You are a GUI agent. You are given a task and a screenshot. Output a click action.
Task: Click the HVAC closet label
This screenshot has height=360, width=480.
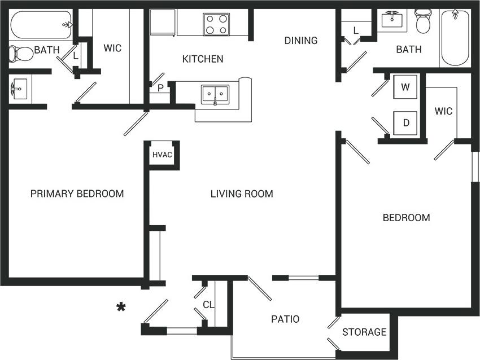[162, 155]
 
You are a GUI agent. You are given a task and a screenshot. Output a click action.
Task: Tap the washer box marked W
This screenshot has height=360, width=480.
[405, 87]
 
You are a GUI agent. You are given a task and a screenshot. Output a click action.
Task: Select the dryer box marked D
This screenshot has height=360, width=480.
[405, 122]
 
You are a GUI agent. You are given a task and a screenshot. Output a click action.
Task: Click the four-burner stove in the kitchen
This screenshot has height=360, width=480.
[216, 24]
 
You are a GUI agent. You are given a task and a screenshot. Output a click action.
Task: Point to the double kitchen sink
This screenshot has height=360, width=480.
[215, 94]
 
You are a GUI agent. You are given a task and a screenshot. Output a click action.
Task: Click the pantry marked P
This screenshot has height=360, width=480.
[160, 88]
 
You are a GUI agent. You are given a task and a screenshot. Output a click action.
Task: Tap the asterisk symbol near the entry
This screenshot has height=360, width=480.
[120, 308]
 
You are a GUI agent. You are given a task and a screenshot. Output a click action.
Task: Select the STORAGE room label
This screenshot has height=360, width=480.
[364, 332]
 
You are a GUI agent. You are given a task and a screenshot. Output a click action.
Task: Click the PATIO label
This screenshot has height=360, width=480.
[285, 319]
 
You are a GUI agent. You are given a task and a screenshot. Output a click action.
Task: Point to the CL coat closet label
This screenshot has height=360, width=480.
[208, 305]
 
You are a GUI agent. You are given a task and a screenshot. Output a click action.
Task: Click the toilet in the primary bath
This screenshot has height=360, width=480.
[20, 54]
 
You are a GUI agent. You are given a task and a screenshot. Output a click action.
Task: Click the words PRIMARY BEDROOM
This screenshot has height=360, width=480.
[77, 194]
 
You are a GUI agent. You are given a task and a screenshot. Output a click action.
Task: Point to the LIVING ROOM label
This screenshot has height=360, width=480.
[242, 194]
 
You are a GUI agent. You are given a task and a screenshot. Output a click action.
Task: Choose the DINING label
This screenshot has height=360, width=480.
[300, 41]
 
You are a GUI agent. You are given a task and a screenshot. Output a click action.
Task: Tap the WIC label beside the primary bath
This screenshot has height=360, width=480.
[112, 48]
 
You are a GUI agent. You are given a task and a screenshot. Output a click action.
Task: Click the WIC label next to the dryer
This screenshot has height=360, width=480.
[443, 111]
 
